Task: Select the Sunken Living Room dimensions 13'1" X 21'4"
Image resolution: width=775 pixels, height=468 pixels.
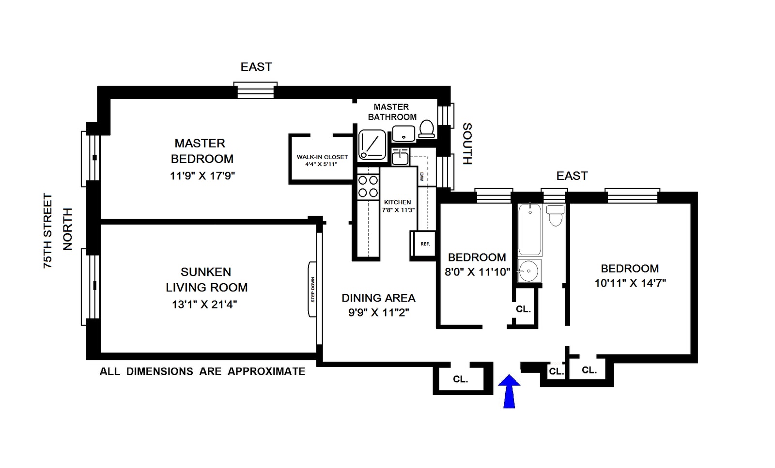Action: click(204, 305)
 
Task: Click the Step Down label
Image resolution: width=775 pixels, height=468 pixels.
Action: click(313, 290)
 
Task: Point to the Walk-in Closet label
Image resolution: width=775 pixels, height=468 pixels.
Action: click(322, 157)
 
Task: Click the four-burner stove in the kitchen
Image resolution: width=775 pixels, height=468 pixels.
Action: click(368, 187)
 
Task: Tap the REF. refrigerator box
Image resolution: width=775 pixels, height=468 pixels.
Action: click(425, 244)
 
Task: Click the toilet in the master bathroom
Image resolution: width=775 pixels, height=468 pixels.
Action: click(426, 129)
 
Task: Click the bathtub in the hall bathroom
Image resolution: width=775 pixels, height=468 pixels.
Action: click(529, 229)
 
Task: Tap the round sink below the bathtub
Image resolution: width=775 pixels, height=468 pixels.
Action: click(528, 270)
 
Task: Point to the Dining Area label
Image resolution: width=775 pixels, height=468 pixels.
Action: click(378, 298)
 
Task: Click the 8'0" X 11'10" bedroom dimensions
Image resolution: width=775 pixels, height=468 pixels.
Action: click(477, 272)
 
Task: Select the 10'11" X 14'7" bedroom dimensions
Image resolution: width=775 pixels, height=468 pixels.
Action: click(630, 283)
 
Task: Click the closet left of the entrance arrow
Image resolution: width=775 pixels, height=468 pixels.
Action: click(460, 379)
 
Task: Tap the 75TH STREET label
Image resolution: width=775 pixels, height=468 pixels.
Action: click(47, 231)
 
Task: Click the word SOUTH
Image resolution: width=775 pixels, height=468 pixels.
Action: click(467, 144)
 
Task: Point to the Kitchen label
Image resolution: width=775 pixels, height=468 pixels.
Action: click(397, 202)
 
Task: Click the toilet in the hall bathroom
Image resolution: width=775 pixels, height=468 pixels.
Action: click(555, 215)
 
